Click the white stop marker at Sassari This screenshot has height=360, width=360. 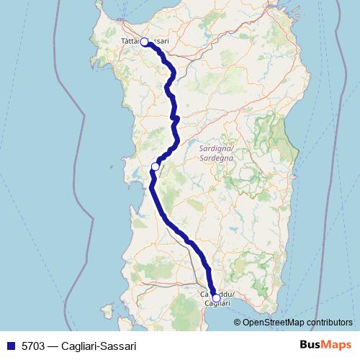(x=144, y=42)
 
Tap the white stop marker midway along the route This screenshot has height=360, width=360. (x=155, y=167)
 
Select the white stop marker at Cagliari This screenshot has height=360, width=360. (x=216, y=297)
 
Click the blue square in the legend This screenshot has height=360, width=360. (x=10, y=346)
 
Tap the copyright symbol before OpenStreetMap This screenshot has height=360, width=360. (x=238, y=322)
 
